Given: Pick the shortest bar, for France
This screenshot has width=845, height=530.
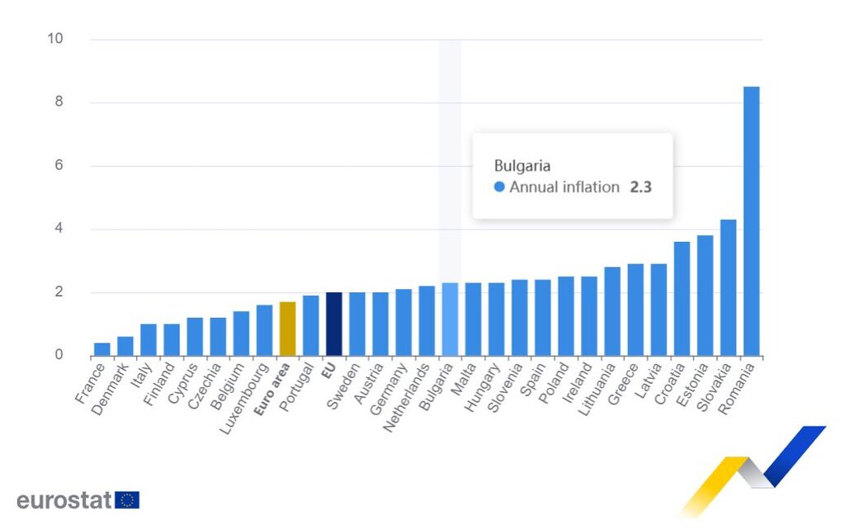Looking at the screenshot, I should pos(101,349).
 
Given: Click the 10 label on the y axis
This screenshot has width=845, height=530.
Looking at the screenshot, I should pos(56,40).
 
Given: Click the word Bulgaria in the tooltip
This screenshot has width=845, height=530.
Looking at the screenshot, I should pos(522,165).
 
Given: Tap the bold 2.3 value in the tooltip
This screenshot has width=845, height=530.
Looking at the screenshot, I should pos(641,187).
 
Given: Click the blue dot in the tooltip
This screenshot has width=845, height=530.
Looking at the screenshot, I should pos(499,187).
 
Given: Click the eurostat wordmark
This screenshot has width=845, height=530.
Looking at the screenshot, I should pos(64,500).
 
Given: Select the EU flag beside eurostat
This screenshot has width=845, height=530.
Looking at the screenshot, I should pos(127,500).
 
